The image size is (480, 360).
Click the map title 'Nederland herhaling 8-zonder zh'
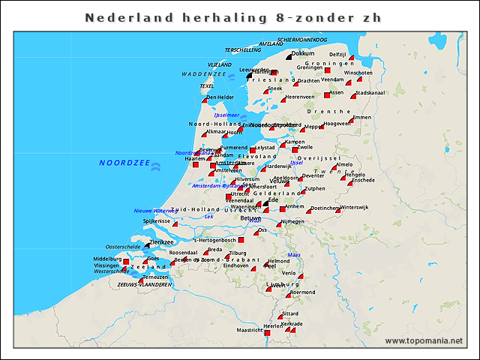238,17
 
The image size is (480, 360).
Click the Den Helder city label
220,97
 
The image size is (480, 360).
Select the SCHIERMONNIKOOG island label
302,39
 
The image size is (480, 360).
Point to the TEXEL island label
206,86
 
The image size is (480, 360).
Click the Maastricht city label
250,330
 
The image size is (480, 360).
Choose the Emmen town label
361,118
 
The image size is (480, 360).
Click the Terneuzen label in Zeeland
154,277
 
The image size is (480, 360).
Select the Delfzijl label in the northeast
337,55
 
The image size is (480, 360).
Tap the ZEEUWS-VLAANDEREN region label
145,285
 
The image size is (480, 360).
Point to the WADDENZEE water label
203,75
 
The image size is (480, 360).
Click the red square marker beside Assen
327,94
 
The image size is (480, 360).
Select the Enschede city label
363,180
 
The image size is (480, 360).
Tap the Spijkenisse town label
157,221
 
